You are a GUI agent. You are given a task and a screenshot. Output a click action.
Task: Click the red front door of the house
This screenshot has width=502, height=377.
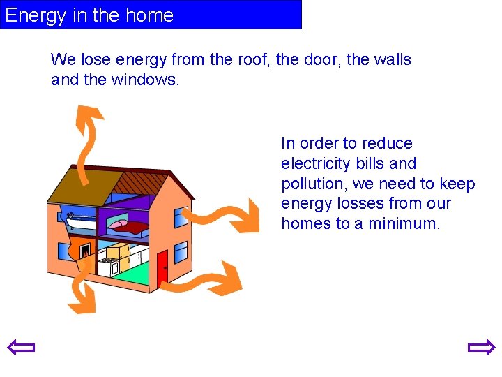162,269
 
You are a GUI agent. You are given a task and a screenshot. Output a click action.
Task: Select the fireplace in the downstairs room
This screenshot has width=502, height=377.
84,249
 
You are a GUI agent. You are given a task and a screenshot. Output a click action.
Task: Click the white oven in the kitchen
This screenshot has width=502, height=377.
108,265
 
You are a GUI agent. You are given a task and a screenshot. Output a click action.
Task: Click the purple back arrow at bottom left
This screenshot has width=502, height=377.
21,347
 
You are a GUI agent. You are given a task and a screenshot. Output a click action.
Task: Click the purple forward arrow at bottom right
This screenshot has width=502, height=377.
481,347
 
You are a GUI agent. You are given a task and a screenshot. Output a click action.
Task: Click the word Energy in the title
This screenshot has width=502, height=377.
35,15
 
